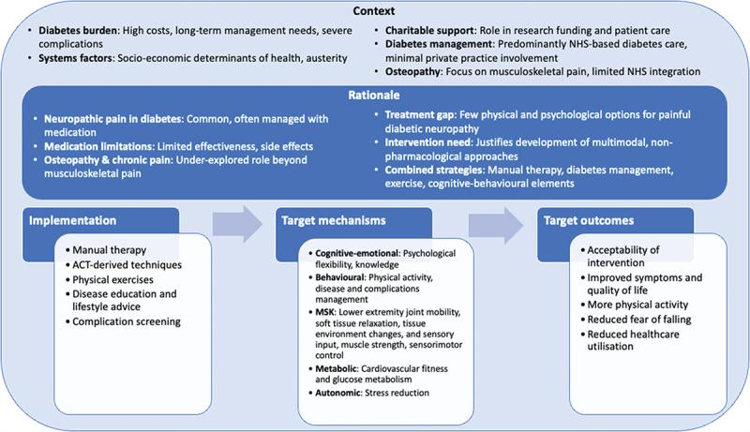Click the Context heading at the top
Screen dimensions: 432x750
(374, 11)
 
